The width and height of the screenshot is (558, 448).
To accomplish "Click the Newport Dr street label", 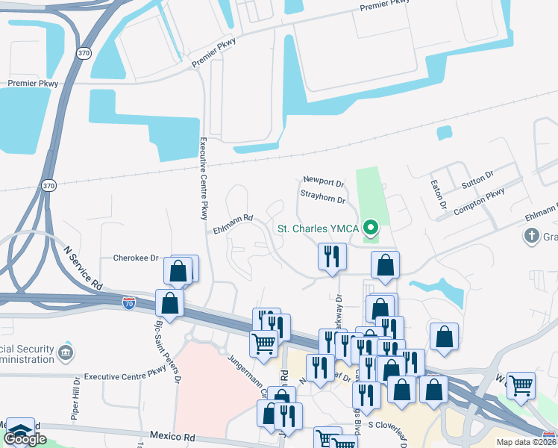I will point(324,181).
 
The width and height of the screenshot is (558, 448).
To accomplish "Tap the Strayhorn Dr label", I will point(323,200).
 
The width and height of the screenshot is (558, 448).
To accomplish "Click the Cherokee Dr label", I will point(136,258).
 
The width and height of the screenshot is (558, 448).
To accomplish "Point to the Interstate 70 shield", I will point(129,302).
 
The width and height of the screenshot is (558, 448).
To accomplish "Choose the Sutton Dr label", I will point(477,178).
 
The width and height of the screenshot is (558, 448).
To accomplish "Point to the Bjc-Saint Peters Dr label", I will point(167,352).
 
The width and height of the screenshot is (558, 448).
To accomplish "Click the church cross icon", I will point(531,237).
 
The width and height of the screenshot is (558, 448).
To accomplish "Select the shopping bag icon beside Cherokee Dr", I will point(178,270).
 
